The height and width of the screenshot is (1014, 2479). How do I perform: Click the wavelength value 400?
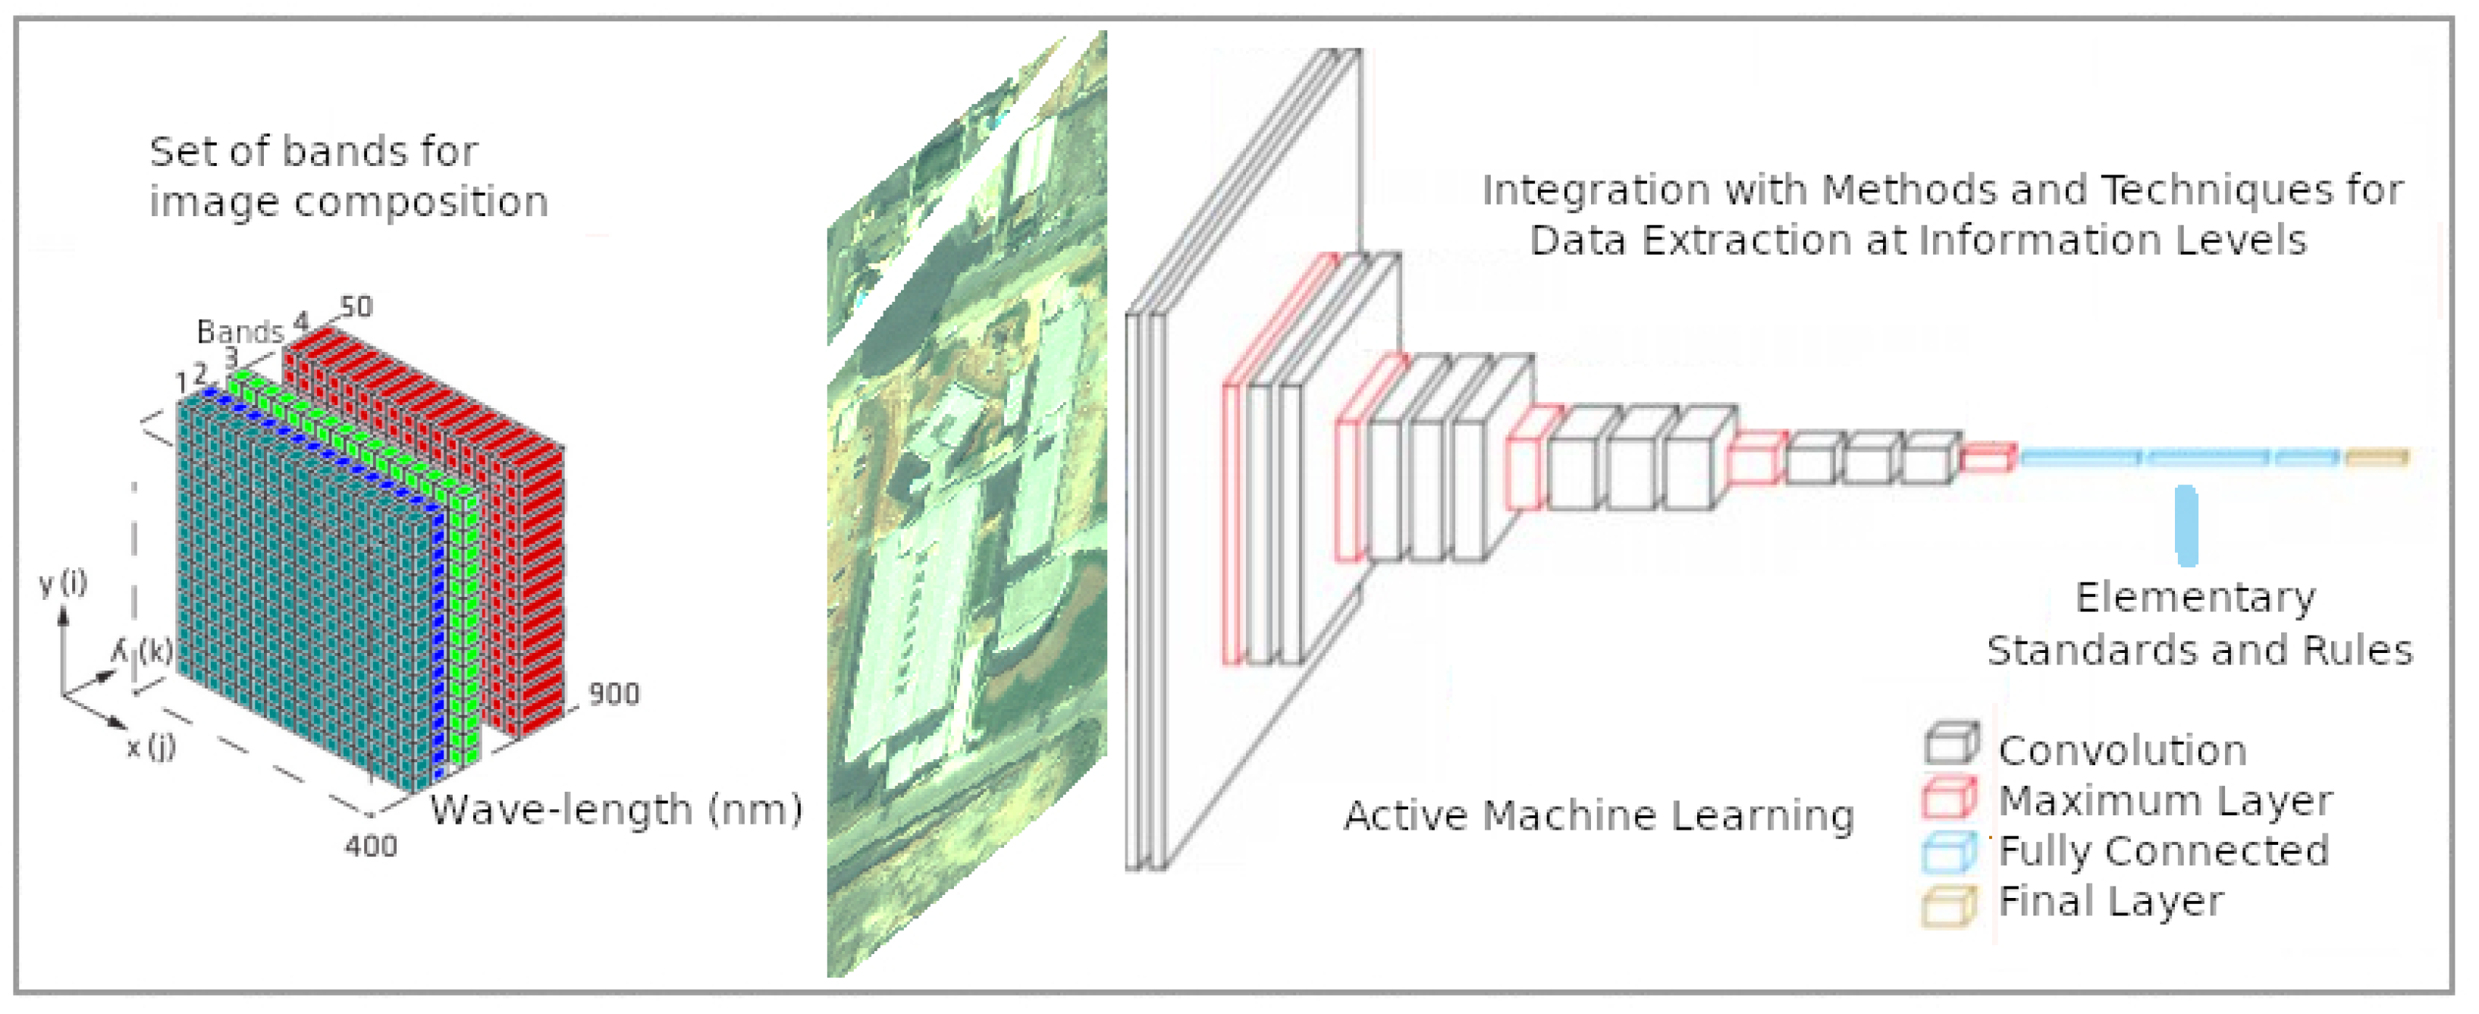(371, 846)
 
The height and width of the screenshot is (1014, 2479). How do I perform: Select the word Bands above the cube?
(240, 332)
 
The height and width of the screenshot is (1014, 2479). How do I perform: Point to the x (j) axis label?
(151, 746)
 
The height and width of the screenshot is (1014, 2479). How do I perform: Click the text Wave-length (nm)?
(616, 810)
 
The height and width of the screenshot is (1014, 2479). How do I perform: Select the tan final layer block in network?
(2376, 457)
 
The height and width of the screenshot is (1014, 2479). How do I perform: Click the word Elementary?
(2195, 598)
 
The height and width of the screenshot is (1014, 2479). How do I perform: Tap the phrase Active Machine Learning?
(1599, 816)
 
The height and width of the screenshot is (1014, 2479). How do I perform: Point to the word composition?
(421, 202)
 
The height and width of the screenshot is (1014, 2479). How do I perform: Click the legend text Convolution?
(2122, 750)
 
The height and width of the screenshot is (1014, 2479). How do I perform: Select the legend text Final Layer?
(2110, 902)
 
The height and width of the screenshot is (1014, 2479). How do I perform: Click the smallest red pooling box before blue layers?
(1988, 458)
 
